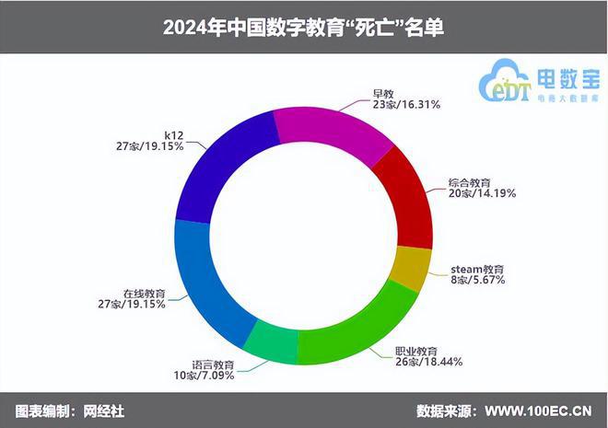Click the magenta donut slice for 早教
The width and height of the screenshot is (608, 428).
(x=333, y=134)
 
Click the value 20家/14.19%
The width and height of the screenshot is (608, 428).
(x=482, y=193)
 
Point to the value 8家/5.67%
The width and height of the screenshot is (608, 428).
(x=482, y=281)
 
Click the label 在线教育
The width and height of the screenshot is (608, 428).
(x=144, y=293)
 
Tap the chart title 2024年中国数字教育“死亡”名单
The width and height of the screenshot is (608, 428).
(x=303, y=28)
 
